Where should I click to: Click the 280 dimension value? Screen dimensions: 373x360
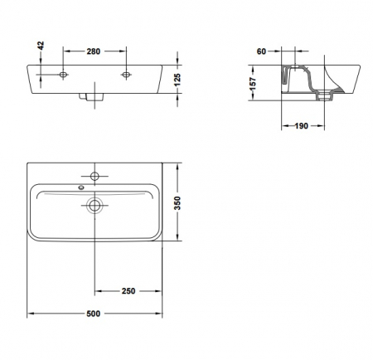click(x=94, y=51)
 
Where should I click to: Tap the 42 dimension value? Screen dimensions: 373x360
click(x=41, y=46)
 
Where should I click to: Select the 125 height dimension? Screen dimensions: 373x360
click(x=177, y=80)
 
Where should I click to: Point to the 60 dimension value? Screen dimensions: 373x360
click(x=261, y=51)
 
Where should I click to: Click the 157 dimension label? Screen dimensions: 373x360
click(x=253, y=84)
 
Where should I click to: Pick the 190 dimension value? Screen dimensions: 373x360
click(x=301, y=126)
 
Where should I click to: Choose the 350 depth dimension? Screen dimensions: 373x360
click(x=177, y=203)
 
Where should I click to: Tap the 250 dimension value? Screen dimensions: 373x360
click(x=128, y=291)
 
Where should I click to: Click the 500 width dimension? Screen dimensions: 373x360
click(x=94, y=314)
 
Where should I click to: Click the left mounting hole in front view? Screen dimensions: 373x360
click(x=63, y=75)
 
